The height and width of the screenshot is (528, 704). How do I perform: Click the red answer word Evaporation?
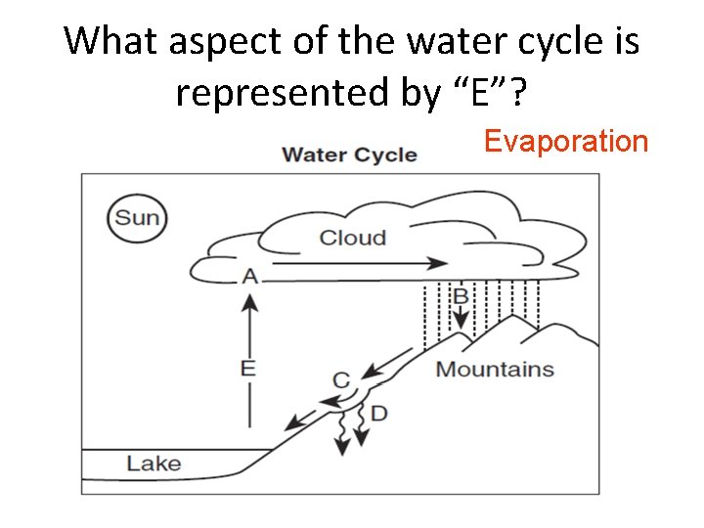(x=566, y=142)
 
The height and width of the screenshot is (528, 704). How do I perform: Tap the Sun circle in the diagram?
(x=137, y=217)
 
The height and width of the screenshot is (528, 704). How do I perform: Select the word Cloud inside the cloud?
(x=353, y=238)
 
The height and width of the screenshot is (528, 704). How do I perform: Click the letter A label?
(x=250, y=277)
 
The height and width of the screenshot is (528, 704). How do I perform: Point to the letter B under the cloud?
(x=461, y=295)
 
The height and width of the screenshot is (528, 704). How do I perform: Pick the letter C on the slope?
(x=341, y=380)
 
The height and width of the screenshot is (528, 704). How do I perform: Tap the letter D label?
(x=378, y=414)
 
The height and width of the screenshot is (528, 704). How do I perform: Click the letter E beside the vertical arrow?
(x=248, y=368)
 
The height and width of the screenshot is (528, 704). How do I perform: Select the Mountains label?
(x=495, y=370)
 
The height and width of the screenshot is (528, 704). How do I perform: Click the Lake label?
(x=154, y=462)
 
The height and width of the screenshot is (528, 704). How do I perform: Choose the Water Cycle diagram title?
(x=349, y=154)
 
